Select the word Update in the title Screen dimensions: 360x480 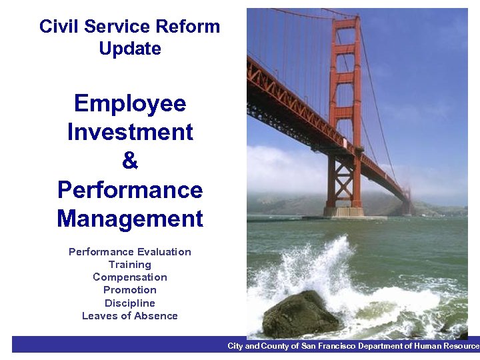coord(130,49)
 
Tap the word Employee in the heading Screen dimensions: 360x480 coord(130,103)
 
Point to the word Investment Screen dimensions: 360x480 coord(130,132)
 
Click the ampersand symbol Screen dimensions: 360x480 coord(130,161)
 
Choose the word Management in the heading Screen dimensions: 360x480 coord(130,219)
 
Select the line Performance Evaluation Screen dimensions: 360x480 coord(130,252)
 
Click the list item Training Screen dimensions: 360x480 coord(130,265)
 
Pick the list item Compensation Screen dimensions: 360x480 coord(130,277)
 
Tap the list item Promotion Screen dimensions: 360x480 coord(130,290)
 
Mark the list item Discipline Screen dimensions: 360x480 coord(130,303)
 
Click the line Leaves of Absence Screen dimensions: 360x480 coord(130,316)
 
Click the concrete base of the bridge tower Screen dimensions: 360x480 coord(344,212)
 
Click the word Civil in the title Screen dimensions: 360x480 coord(55,27)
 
